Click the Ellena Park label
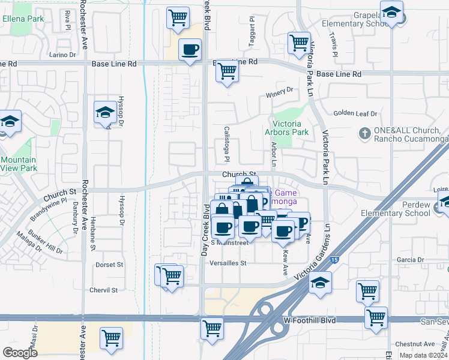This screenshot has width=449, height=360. pos(23,19)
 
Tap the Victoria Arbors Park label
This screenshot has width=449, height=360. pos(287,128)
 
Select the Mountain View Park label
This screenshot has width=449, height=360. pos(18,164)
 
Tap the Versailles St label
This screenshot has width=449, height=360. pos(228,263)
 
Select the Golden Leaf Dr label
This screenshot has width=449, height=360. pos(355,113)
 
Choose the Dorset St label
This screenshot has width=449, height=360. pos(109,264)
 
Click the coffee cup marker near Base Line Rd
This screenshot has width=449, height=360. pos(190,49)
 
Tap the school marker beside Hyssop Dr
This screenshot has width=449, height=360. pos(105,112)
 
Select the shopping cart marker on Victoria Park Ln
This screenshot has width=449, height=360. pos(298,42)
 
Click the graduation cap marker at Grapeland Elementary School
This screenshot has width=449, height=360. pos(391,13)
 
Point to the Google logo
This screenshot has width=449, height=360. pos(20,352)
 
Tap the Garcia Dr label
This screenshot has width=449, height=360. pos(411,260)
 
